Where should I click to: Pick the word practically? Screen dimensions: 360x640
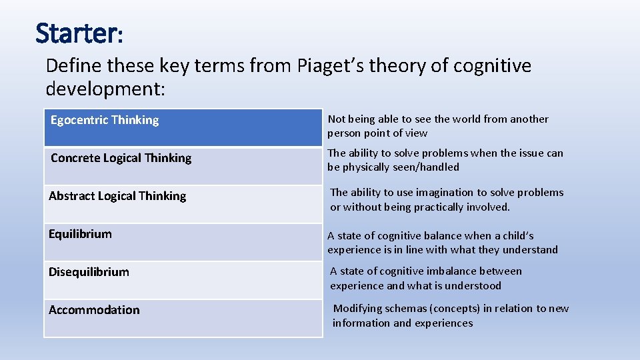[x=429, y=207]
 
